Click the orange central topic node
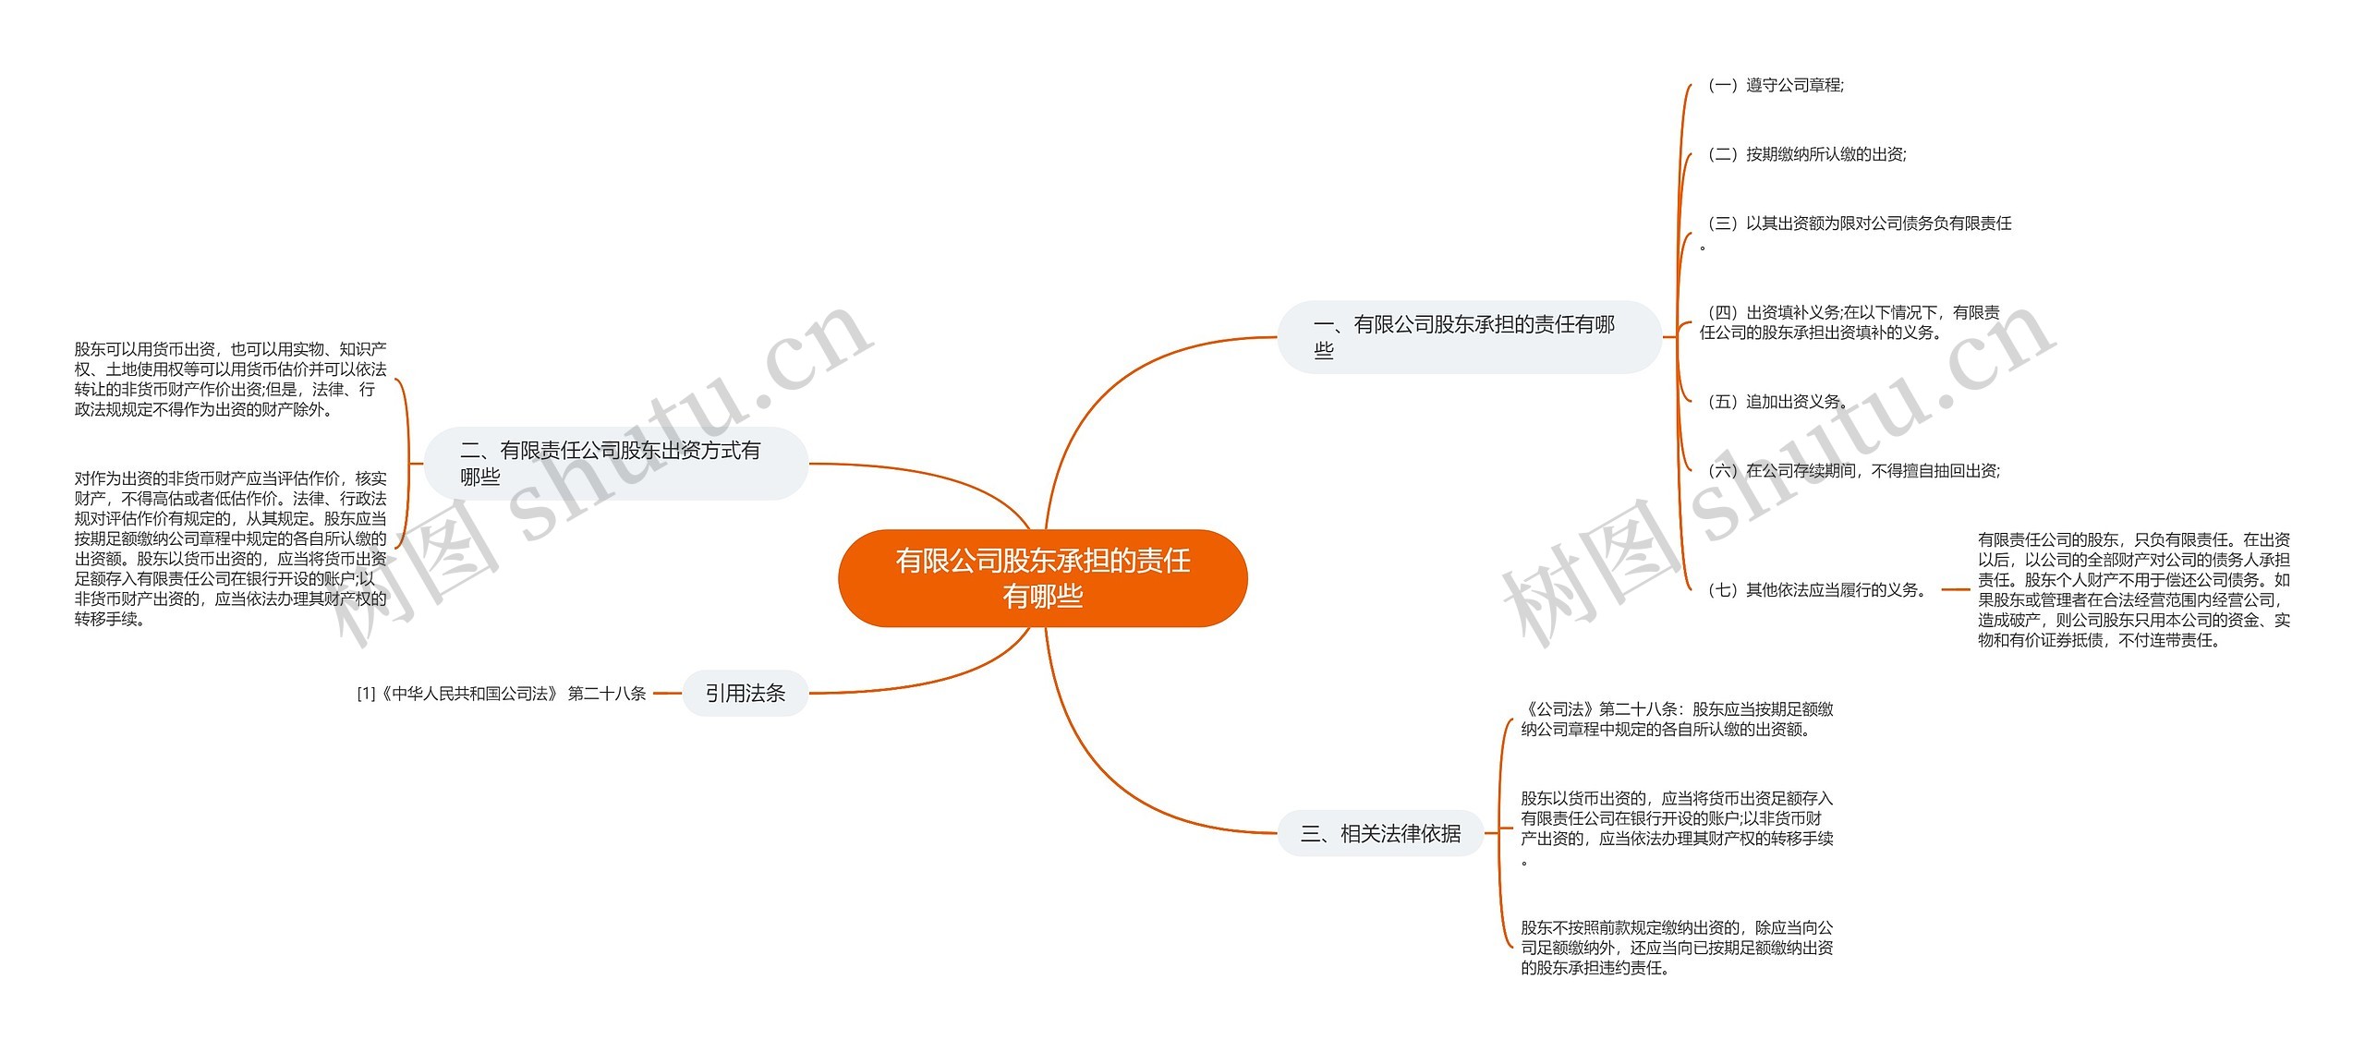[1042, 578]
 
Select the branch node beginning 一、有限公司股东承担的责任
[1469, 337]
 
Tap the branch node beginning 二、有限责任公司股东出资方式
[615, 464]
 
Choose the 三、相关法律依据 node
[1380, 833]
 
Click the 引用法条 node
[745, 693]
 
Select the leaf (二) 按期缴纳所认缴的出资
[1805, 155]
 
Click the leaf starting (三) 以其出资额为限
[1857, 224]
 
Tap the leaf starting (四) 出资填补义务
[1850, 322]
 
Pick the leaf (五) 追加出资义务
[1776, 402]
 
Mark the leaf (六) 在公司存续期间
[1851, 471]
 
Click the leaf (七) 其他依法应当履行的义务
[1816, 590]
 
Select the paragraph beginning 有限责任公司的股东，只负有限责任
[2133, 589]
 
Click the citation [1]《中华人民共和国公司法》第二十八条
[502, 694]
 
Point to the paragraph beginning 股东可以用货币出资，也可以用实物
[230, 379]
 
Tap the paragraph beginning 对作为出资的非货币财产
[230, 549]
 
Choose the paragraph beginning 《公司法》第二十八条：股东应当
[1676, 719]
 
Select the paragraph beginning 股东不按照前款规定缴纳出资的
[1676, 947]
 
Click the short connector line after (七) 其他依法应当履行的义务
[1956, 589]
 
